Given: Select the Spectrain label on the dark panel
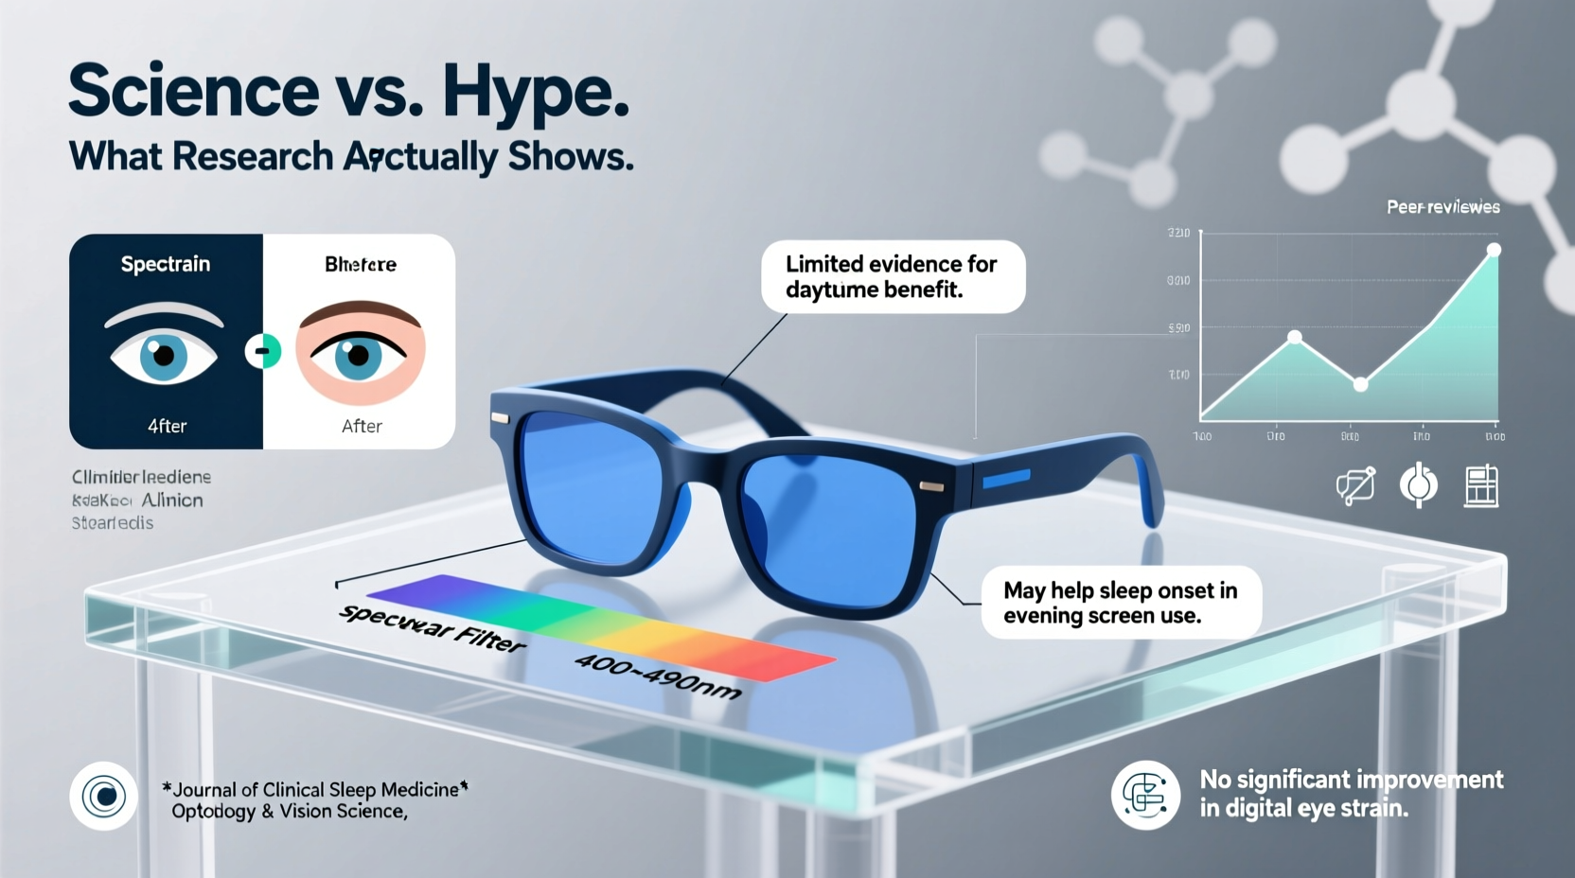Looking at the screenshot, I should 166,264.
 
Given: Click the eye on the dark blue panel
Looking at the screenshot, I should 164,355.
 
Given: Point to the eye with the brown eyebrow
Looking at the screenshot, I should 359,355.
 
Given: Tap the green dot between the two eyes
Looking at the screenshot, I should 263,352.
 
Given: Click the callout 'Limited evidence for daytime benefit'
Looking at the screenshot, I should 892,276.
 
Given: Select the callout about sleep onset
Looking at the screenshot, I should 1121,603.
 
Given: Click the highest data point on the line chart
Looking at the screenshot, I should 1494,251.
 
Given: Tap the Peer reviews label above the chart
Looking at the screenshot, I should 1442,207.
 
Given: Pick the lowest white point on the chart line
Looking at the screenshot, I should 1360,384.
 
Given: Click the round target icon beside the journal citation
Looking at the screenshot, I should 104,797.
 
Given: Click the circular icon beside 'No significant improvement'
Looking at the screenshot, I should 1145,795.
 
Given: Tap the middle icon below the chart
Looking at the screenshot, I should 1418,485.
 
